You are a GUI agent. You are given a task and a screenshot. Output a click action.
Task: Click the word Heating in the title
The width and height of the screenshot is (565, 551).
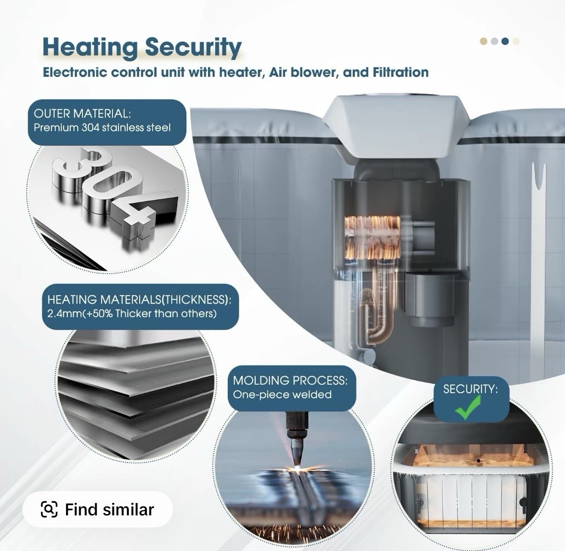[x=90, y=47]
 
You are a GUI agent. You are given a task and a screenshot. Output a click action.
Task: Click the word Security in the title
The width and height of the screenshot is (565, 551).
[x=193, y=47]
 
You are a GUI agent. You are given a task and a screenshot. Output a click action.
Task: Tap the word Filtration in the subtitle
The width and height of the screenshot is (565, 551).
[x=401, y=72]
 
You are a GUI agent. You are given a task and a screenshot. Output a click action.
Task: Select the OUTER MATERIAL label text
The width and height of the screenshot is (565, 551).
[x=82, y=113]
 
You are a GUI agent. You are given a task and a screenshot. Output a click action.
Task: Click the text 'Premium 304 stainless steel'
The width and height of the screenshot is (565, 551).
[x=102, y=128]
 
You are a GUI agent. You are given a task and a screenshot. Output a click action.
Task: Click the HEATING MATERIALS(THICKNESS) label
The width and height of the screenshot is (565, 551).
[x=139, y=299]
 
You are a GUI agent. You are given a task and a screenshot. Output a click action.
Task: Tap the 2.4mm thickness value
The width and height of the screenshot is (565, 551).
[x=65, y=313]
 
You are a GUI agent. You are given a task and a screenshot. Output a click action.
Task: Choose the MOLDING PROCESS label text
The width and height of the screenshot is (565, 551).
[x=290, y=380]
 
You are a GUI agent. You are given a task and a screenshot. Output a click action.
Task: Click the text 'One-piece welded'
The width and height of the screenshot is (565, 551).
[x=282, y=395]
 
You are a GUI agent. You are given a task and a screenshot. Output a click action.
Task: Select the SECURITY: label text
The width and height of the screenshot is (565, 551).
[x=470, y=389]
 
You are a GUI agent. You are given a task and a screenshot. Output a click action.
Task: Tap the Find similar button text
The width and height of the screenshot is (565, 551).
[x=110, y=509]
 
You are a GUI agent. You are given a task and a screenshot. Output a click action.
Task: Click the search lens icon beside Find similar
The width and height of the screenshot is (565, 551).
[x=49, y=509]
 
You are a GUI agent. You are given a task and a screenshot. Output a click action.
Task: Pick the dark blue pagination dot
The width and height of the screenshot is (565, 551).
[x=505, y=41]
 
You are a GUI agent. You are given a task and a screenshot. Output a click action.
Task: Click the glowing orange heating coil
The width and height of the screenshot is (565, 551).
[x=372, y=237]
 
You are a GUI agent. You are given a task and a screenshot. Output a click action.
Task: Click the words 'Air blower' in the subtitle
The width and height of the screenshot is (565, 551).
[x=302, y=72]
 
